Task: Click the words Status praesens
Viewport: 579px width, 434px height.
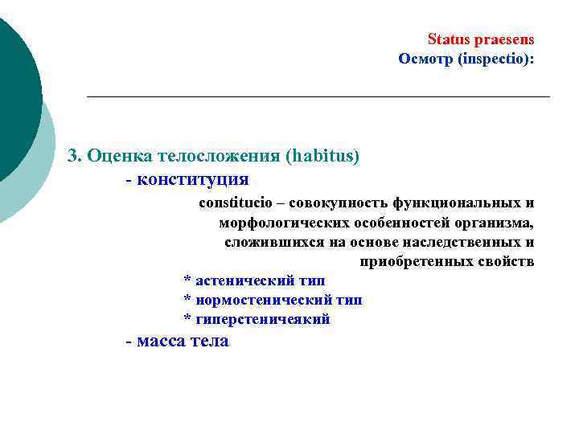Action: pyautogui.click(x=480, y=39)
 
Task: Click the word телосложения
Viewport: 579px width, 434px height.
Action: pyautogui.click(x=211, y=156)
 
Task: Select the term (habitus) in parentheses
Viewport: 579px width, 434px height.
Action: pyautogui.click(x=322, y=156)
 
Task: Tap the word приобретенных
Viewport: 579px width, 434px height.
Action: pyautogui.click(x=409, y=262)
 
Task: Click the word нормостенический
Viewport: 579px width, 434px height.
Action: pyautogui.click(x=263, y=300)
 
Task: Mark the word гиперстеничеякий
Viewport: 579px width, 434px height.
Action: pyautogui.click(x=263, y=319)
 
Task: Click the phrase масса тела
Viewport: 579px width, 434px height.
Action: pyautogui.click(x=183, y=341)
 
